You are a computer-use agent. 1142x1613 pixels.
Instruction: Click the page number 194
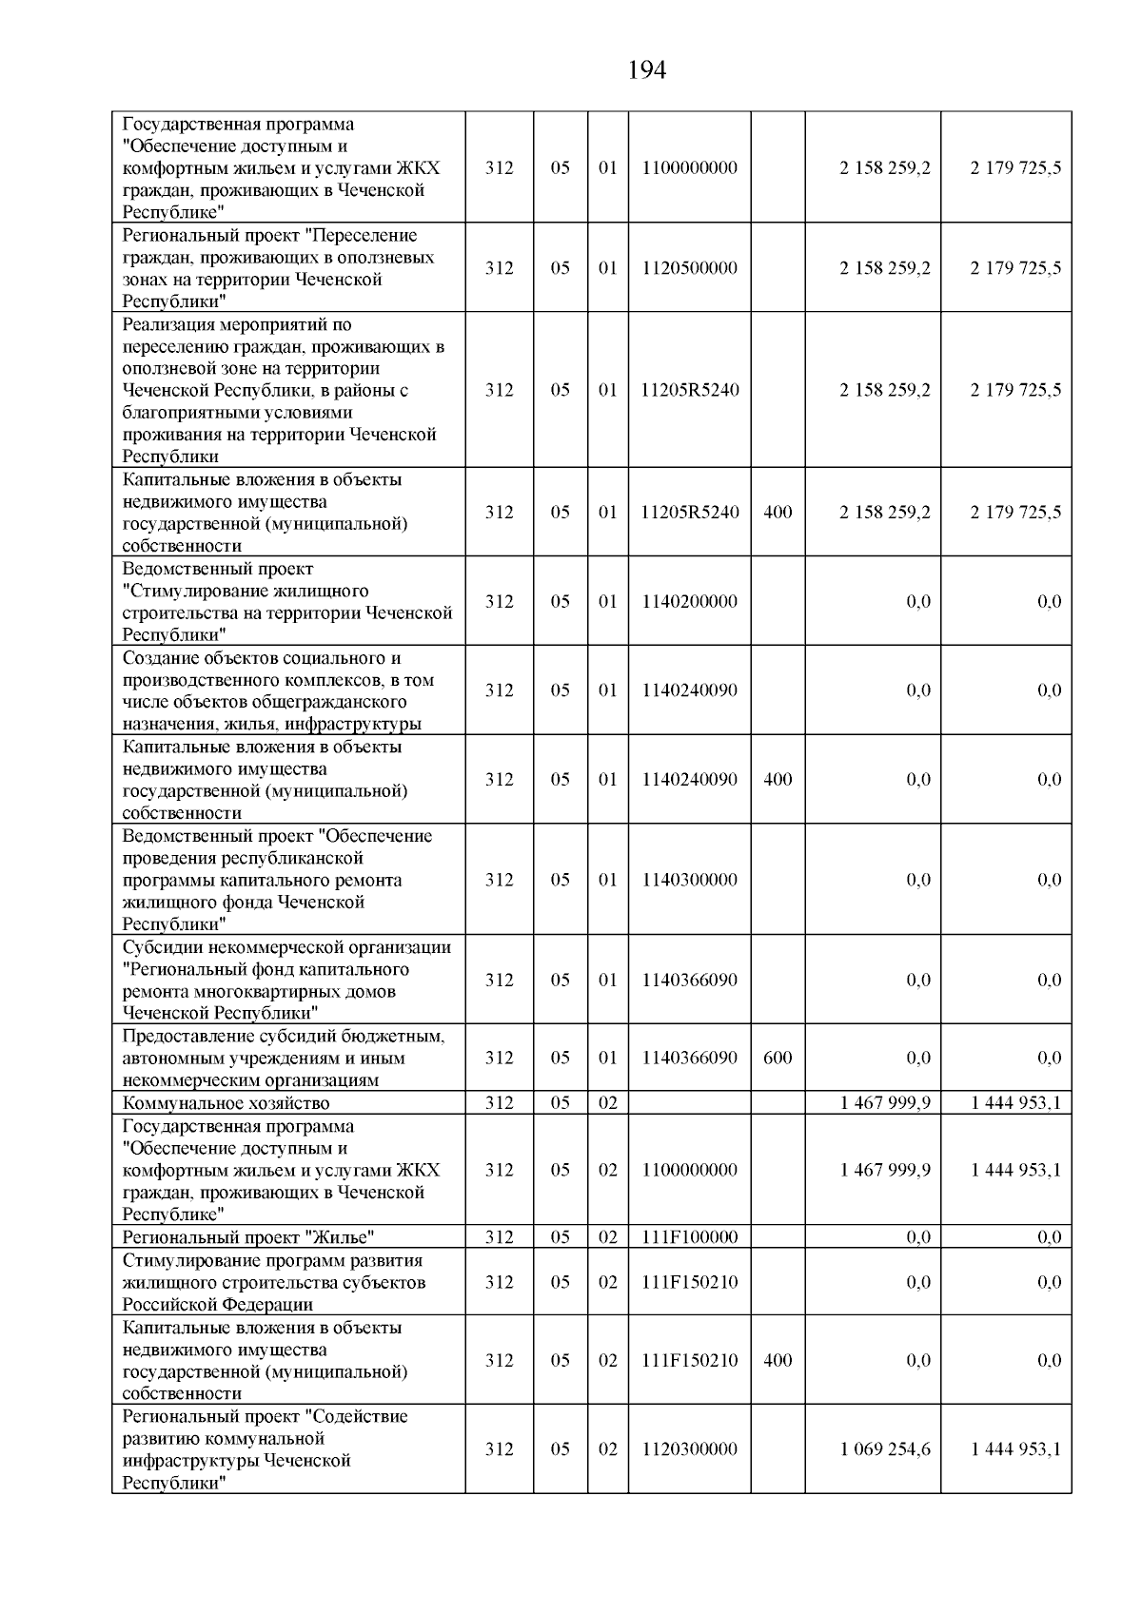click(x=647, y=70)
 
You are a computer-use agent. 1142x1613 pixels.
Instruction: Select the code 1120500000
click(x=689, y=268)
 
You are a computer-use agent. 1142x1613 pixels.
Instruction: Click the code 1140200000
click(x=689, y=601)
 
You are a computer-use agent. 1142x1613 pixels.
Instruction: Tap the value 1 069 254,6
click(x=885, y=1449)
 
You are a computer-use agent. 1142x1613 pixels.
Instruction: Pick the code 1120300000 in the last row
click(x=689, y=1449)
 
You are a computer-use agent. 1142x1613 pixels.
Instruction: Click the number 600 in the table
click(x=778, y=1058)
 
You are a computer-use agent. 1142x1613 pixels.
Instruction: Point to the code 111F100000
click(x=689, y=1237)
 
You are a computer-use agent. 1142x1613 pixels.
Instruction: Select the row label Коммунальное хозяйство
click(x=226, y=1103)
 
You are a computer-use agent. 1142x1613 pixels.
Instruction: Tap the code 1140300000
click(x=689, y=880)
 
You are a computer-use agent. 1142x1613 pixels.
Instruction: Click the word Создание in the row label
click(x=157, y=658)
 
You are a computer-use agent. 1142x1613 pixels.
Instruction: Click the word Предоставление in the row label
click(x=183, y=1036)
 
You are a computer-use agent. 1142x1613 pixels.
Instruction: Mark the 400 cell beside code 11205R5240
click(x=778, y=513)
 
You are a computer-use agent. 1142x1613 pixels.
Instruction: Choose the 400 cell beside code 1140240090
click(x=778, y=780)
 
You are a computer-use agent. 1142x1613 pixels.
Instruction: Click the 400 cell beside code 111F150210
click(x=778, y=1361)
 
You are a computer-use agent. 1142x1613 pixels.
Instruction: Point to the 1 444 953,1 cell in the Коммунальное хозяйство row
click(x=1014, y=1103)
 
